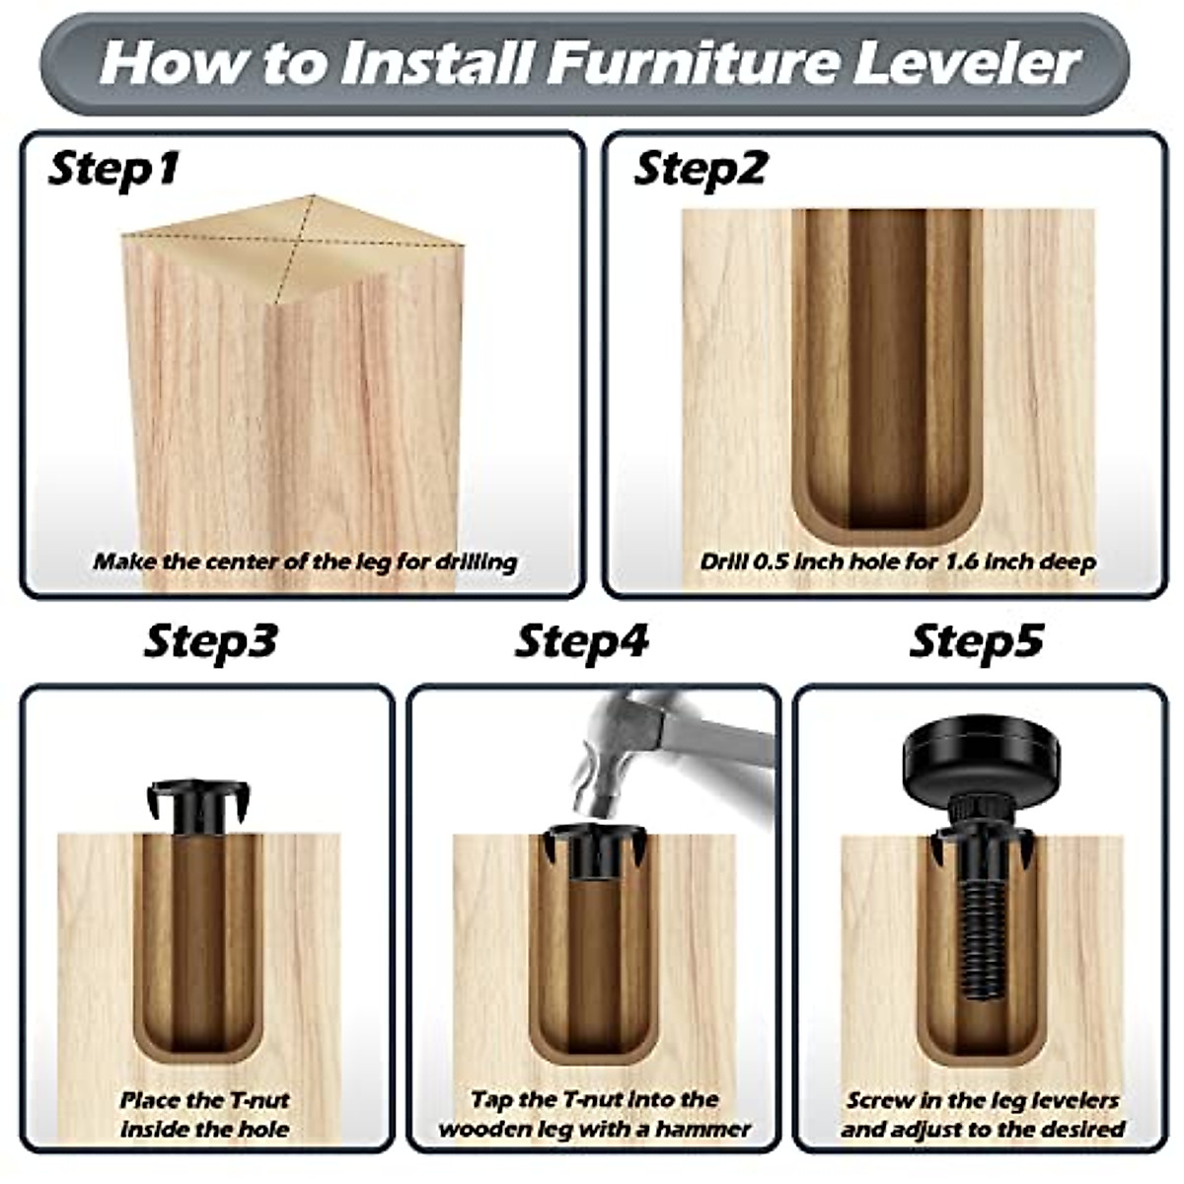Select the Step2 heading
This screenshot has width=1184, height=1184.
click(699, 169)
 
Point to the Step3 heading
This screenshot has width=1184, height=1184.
click(210, 641)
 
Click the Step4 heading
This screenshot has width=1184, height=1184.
click(581, 641)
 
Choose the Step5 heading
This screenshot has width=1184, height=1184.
click(975, 641)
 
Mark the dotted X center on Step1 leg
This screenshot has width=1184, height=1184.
click(294, 239)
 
